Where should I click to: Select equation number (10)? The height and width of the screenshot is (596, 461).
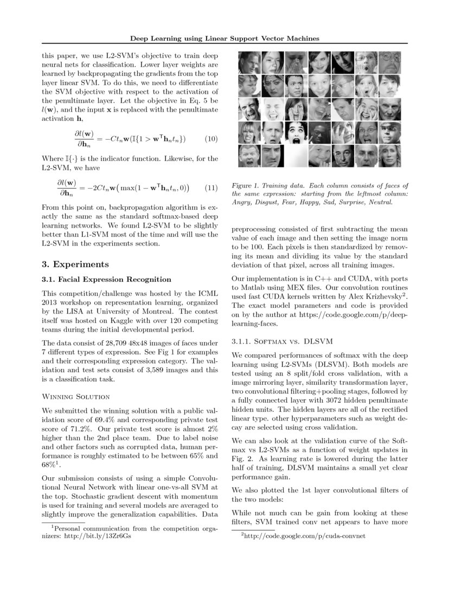click(212, 139)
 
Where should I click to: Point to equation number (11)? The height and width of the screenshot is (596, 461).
click(212, 188)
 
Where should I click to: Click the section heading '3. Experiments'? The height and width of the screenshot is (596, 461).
click(75, 264)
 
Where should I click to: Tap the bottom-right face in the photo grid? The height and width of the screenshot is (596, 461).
click(390, 156)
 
